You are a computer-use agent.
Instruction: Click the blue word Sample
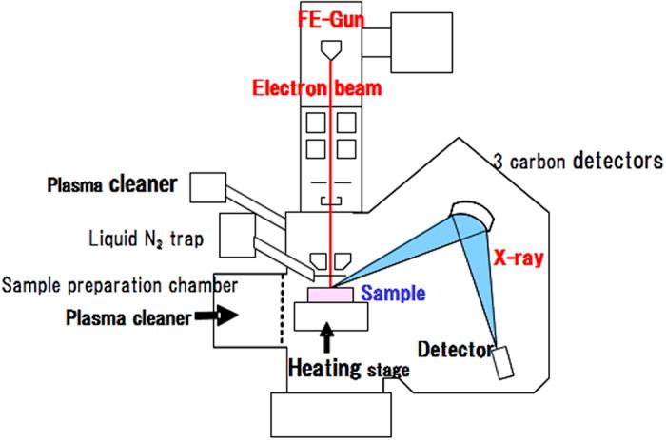click(392, 294)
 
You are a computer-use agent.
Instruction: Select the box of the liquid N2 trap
click(234, 235)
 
